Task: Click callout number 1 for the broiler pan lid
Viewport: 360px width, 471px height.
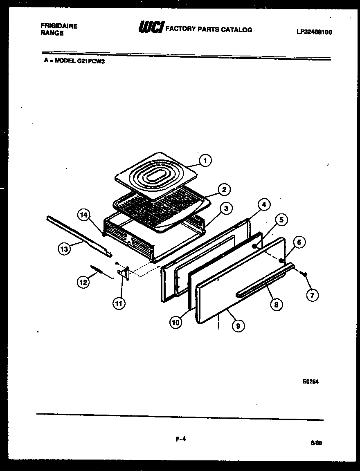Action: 205,161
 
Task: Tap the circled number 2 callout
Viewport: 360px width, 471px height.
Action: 224,189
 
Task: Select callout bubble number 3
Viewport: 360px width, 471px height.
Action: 225,209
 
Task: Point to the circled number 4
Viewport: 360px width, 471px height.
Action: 264,204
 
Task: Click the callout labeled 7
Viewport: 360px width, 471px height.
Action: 313,295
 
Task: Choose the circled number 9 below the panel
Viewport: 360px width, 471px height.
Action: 238,325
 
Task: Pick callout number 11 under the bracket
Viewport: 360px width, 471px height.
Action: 119,303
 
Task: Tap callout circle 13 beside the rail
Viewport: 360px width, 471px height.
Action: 64,249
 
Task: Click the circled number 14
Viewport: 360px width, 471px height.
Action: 84,215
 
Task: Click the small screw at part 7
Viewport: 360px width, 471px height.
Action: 304,274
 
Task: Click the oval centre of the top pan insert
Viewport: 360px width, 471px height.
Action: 155,175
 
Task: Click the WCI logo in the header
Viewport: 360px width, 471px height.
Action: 151,27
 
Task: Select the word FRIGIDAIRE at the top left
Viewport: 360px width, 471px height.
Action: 59,26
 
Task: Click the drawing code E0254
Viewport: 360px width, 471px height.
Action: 310,381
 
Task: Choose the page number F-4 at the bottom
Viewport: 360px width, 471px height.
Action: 180,440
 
